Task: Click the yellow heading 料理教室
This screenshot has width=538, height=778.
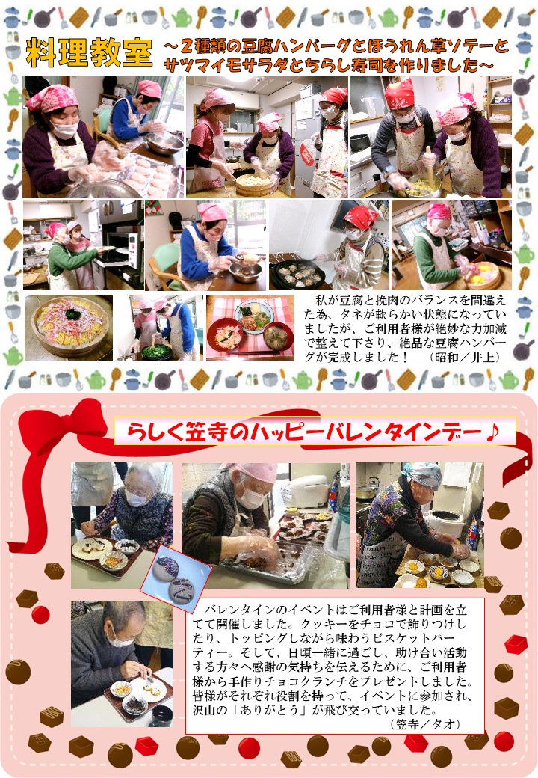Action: pyautogui.click(x=89, y=52)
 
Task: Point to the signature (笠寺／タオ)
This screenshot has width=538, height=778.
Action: pyautogui.click(x=426, y=724)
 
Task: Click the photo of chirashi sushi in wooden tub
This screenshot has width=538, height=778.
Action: pyautogui.click(x=69, y=328)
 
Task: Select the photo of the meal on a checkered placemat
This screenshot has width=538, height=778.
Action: pyautogui.click(x=250, y=328)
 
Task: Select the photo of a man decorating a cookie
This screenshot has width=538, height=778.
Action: pyautogui.click(x=122, y=664)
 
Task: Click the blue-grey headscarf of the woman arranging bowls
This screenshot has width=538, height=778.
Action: pyautogui.click(x=423, y=474)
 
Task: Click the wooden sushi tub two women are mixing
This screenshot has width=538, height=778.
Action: pyautogui.click(x=253, y=184)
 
